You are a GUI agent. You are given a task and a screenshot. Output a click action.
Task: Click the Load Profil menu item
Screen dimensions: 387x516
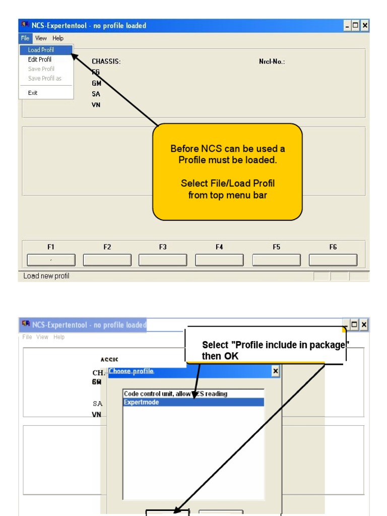pos(41,50)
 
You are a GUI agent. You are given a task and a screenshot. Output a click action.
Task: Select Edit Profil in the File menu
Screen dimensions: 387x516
pos(39,59)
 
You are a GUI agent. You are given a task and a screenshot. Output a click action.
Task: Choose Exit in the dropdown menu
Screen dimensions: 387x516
pos(33,93)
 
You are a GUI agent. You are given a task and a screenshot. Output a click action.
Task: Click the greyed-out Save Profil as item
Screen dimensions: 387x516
pos(44,78)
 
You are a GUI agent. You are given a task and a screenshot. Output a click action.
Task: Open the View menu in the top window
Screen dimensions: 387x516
pos(41,38)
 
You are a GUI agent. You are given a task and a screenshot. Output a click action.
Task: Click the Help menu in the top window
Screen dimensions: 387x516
pos(58,38)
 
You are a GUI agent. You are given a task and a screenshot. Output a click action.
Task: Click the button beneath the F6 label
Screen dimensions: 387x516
pos(333,260)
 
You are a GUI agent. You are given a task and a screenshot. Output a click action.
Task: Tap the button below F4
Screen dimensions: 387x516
pos(219,260)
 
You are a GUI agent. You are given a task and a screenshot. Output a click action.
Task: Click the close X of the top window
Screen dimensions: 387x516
pos(365,25)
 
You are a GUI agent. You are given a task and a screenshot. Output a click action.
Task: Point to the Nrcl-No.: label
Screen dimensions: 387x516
pos(272,62)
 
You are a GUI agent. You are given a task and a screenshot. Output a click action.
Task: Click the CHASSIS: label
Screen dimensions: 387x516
pos(106,62)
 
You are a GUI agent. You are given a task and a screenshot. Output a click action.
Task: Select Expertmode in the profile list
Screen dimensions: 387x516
pos(193,402)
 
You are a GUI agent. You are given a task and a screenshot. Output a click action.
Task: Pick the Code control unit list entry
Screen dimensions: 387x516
pos(175,394)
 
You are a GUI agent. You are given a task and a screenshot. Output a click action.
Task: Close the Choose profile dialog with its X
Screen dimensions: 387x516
pos(275,371)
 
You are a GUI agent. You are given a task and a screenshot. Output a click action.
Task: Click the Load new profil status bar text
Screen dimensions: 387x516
pos(46,276)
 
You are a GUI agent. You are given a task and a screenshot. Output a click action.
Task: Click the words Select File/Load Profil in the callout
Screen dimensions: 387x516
pos(228,183)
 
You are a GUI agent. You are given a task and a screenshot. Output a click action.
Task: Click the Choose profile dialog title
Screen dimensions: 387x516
pos(132,371)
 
